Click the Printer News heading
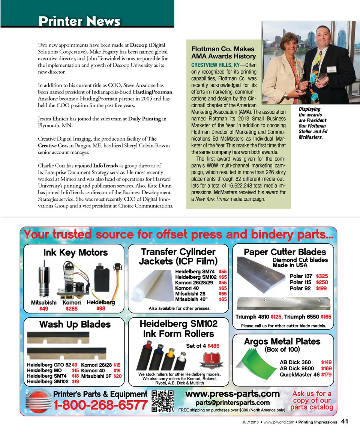point(79,21)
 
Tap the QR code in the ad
point(163,401)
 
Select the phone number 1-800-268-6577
point(100,405)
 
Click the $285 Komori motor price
point(71,309)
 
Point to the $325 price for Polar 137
point(322,276)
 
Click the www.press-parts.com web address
point(232,393)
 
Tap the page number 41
point(345,422)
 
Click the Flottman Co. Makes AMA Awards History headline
point(223,53)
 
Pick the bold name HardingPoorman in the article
point(153,92)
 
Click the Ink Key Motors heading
point(75,253)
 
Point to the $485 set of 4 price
point(213,345)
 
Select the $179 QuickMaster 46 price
point(326,374)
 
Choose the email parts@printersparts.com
point(232,402)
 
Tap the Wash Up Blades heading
point(75,324)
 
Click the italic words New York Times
point(212,199)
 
